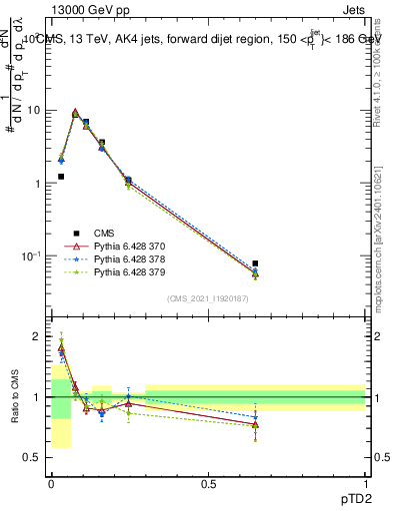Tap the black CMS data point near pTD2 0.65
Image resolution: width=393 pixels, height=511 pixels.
click(x=255, y=263)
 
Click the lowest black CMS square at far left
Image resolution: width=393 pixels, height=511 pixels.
click(x=61, y=177)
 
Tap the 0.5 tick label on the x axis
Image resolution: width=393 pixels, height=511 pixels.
click(x=208, y=484)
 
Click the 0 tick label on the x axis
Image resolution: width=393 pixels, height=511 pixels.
click(x=51, y=484)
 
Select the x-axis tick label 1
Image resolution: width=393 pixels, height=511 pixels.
click(x=365, y=484)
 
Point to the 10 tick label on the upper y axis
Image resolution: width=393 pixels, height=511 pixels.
click(x=36, y=111)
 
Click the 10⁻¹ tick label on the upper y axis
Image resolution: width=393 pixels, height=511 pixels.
click(x=33, y=256)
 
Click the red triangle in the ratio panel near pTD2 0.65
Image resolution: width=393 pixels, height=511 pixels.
click(x=255, y=425)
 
